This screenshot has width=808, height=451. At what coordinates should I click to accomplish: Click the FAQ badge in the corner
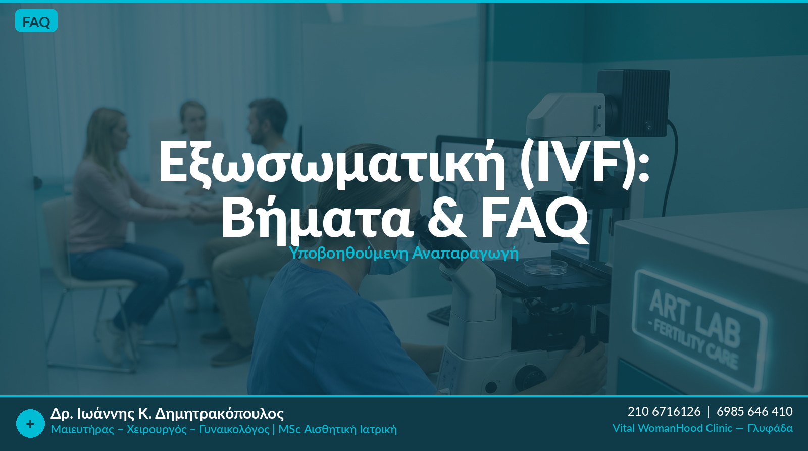pyautogui.click(x=36, y=21)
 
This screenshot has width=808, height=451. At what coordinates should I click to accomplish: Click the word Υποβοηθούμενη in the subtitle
pyautogui.click(x=349, y=253)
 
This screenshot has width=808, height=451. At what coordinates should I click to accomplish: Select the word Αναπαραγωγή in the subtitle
pyautogui.click(x=465, y=254)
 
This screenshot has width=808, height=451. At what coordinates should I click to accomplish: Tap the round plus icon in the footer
pyautogui.click(x=30, y=424)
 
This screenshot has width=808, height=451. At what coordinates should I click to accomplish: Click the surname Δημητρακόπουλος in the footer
pyautogui.click(x=219, y=414)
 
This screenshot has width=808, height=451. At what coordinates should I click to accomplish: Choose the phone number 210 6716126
pyautogui.click(x=664, y=411)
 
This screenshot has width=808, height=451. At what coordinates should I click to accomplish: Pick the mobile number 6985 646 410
pyautogui.click(x=754, y=411)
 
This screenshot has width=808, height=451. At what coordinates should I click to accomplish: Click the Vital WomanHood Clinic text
pyautogui.click(x=672, y=428)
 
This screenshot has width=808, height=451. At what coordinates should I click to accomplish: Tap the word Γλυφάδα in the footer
pyautogui.click(x=770, y=429)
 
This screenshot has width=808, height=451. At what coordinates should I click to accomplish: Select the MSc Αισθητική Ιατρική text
pyautogui.click(x=338, y=429)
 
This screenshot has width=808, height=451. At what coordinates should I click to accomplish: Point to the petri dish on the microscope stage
pyautogui.click(x=540, y=268)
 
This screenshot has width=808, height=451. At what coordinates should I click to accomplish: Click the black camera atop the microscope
pyautogui.click(x=633, y=103)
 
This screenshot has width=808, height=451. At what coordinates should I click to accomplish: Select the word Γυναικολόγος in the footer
pyautogui.click(x=234, y=429)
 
